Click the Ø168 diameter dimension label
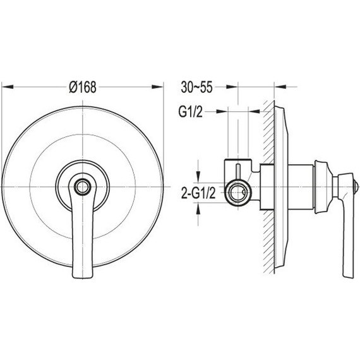tap(83, 87)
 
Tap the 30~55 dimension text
tap(197, 87)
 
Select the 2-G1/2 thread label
tap(198, 193)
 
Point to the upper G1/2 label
tap(191, 112)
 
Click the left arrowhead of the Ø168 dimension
tap(8, 87)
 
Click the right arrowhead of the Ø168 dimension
tap(158, 87)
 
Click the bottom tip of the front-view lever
tap(83, 277)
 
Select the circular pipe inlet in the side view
tap(238, 193)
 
